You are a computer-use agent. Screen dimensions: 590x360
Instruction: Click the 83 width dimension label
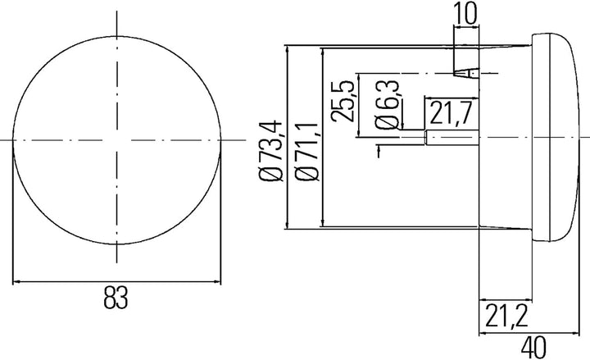(x=116, y=298)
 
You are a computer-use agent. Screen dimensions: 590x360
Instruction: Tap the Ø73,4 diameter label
(x=270, y=152)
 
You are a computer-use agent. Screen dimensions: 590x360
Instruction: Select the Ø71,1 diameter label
(x=307, y=152)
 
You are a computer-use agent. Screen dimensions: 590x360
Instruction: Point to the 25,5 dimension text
(x=343, y=101)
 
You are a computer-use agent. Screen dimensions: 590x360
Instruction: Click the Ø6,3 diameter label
(x=387, y=104)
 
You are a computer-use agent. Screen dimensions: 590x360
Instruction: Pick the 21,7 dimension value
(x=450, y=113)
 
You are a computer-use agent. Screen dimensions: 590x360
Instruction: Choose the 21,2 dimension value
(x=507, y=316)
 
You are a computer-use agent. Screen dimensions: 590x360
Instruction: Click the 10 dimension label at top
(x=465, y=13)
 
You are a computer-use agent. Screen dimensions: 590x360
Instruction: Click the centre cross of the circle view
(x=116, y=140)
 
